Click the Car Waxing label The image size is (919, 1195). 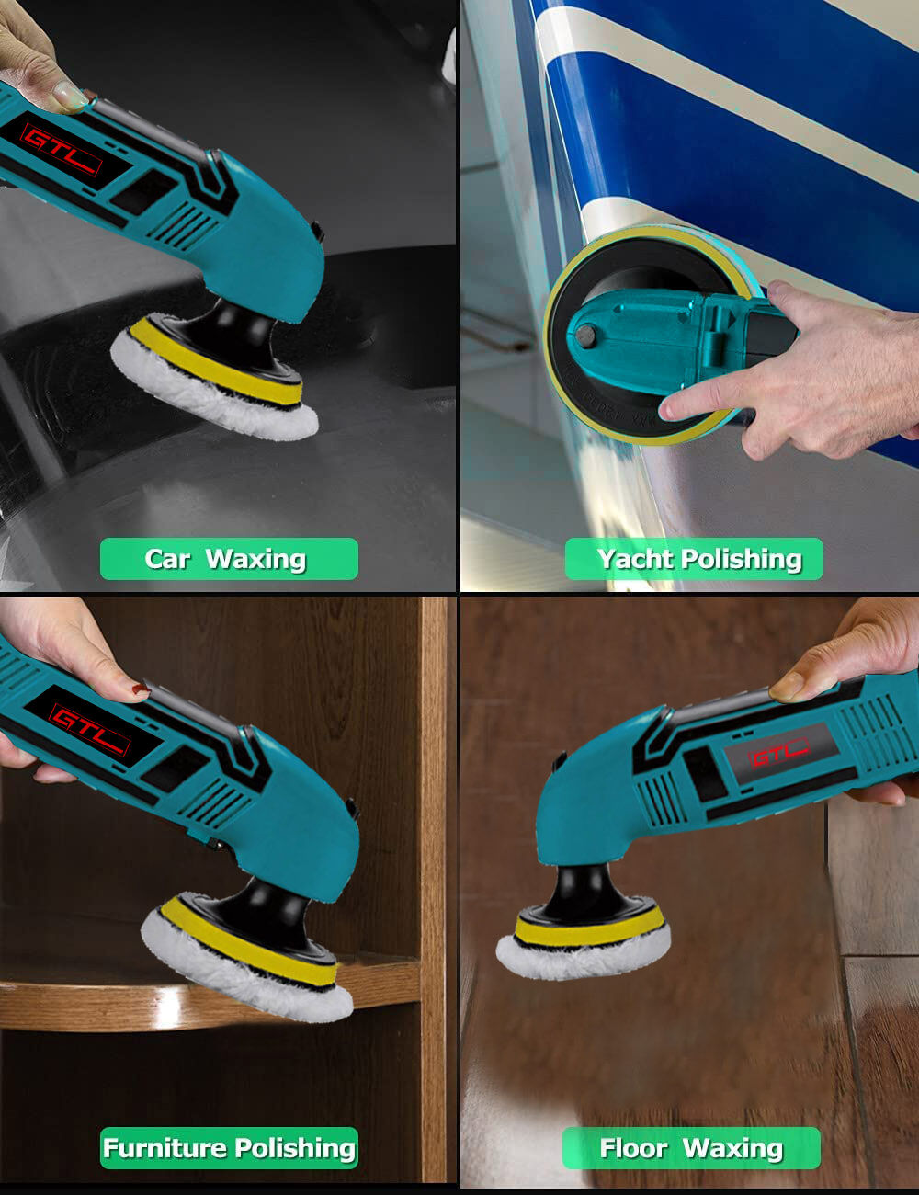coord(229,559)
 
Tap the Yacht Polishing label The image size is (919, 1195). coord(694,559)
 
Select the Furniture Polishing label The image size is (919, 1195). coord(229,1148)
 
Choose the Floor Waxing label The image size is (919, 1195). coord(691,1148)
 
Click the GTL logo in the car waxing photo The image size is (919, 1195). coord(62,151)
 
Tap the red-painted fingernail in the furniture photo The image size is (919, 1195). coord(142,688)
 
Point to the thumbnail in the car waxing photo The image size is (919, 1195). coord(70,94)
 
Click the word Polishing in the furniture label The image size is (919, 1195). coord(295,1148)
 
